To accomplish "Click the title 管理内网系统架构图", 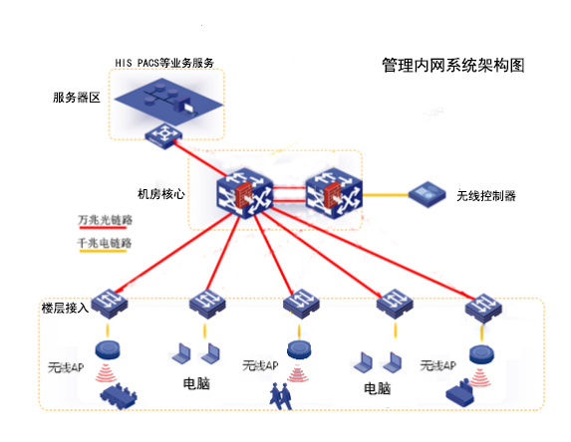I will pyautogui.click(x=452, y=66).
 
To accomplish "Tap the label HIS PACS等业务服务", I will pyautogui.click(x=164, y=63).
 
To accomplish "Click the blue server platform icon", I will pyautogui.click(x=165, y=98).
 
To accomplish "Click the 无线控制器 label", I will pyautogui.click(x=486, y=196).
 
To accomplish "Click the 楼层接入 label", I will pyautogui.click(x=65, y=308).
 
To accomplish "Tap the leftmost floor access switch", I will pyautogui.click(x=109, y=301).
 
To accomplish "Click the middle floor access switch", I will pyautogui.click(x=298, y=303).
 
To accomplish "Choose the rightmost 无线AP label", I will pyautogui.click(x=438, y=366).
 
